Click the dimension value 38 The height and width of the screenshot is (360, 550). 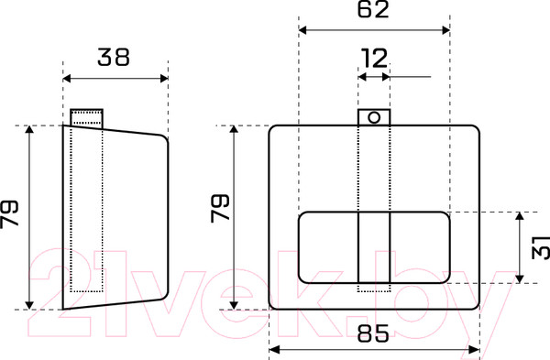114,57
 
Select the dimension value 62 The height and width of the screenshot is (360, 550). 373,9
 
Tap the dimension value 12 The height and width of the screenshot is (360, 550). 374,59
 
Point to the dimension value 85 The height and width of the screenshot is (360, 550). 373,333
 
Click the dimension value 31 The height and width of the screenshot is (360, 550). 541,247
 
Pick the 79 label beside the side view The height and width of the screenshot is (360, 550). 9,214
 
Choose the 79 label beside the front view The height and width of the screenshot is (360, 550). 220,208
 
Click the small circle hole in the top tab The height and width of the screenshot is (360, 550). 374,117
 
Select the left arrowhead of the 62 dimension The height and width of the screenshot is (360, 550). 302,30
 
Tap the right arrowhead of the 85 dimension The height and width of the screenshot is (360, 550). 474,350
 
